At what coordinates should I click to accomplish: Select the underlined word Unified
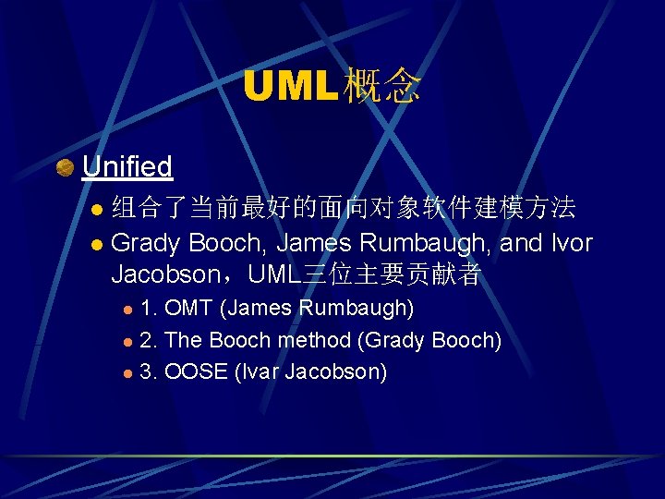pos(127,166)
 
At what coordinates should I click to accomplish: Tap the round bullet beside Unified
pos(65,167)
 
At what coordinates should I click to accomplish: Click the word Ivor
pos(569,243)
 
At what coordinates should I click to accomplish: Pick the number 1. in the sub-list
pos(148,308)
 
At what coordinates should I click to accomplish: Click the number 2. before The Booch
pos(148,340)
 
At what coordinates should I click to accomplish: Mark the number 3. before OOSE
pos(148,372)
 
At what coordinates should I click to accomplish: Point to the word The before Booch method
pos(184,340)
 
